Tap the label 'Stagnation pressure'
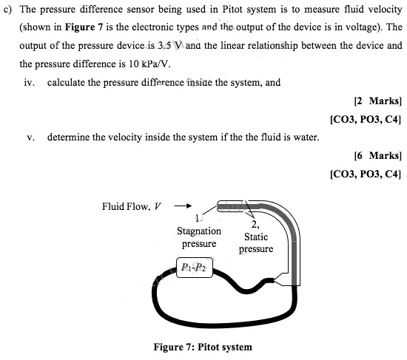tap(198, 237)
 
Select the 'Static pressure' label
tap(255, 243)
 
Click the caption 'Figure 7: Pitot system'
tap(202, 347)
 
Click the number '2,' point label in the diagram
tap(256, 225)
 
